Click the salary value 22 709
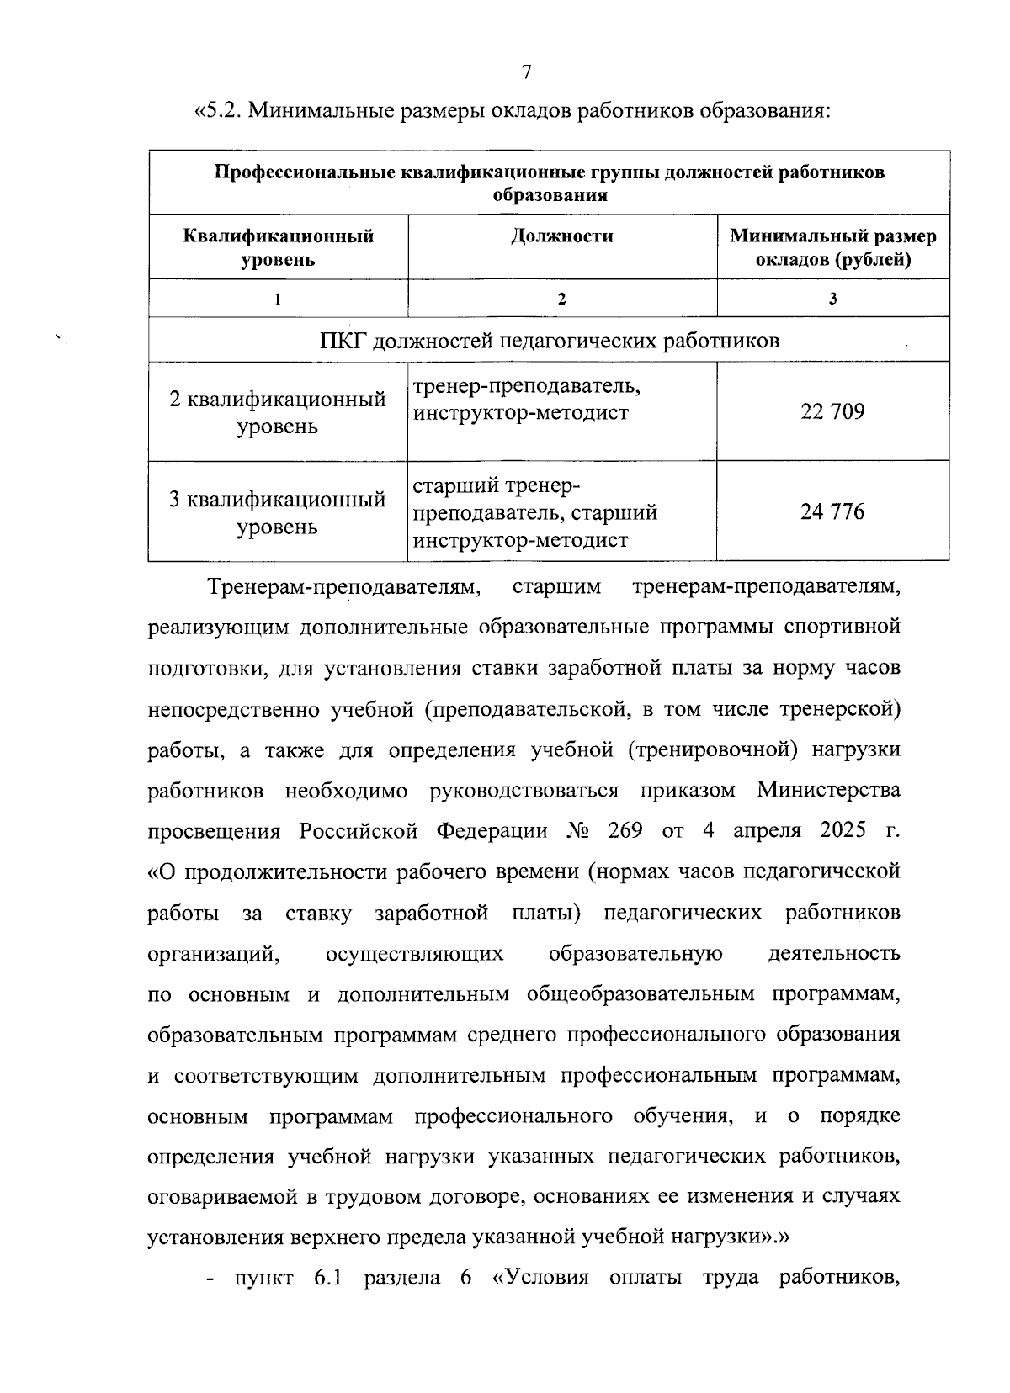coord(832,412)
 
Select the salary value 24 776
coord(832,511)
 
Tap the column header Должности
coord(561,236)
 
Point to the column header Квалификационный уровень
coord(279,247)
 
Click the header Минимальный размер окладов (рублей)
coord(832,247)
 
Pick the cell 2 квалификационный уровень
coord(279,412)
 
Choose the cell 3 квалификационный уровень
coord(279,511)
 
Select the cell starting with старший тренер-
coord(534,512)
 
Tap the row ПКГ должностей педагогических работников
coord(549,341)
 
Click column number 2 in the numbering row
coord(561,299)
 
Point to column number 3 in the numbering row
coord(832,299)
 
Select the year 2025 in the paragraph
coord(843,830)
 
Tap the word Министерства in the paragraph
coord(828,790)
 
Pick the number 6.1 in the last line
coord(329,1279)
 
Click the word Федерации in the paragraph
coord(492,831)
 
